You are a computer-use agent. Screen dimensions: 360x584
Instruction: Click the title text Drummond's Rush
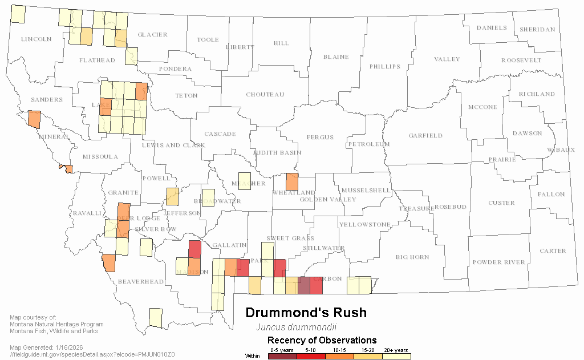[x=306, y=313]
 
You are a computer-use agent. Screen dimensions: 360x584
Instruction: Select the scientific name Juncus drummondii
[x=296, y=327]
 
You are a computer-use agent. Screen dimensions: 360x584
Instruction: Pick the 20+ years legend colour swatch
[x=396, y=356]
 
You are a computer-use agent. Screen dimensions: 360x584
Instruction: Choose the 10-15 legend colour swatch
[x=339, y=356]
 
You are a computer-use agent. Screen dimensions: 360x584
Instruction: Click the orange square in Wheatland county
[x=292, y=181]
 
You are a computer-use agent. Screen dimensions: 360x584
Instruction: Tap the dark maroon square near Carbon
[x=304, y=285]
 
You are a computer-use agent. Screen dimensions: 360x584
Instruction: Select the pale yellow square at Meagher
[x=244, y=181]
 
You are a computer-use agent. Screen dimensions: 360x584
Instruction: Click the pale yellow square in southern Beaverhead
[x=155, y=318]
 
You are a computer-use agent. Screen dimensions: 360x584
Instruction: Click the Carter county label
[x=553, y=250]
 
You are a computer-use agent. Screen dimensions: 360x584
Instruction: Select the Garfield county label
[x=425, y=135]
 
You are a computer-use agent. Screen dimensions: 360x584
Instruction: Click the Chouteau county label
[x=265, y=94]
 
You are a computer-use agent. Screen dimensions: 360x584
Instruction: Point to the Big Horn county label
[x=412, y=257]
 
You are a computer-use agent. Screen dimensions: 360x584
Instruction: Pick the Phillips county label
[x=385, y=66]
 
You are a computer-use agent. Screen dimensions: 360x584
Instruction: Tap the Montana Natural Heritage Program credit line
[x=57, y=324]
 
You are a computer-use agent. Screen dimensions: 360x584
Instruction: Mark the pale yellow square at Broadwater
[x=209, y=199]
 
